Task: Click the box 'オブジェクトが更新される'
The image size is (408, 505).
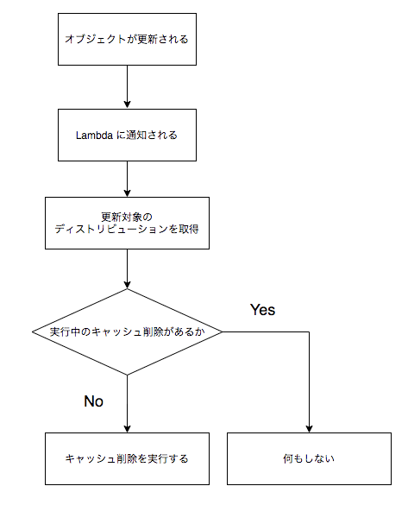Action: tap(127, 39)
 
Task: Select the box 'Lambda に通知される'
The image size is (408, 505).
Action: tap(127, 135)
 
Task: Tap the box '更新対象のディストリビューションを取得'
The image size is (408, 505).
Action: tap(127, 223)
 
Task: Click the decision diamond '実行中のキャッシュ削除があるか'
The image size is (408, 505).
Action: tap(127, 331)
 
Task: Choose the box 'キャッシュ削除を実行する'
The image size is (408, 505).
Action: tap(127, 458)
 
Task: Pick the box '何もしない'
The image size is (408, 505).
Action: tap(309, 458)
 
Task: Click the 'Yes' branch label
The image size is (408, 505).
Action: tap(262, 309)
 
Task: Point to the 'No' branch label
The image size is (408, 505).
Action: tap(93, 401)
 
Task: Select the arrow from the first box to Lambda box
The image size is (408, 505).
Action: tap(127, 86)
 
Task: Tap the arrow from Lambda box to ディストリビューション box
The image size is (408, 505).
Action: tap(127, 179)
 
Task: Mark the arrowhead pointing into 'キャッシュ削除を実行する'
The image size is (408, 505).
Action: tap(127, 427)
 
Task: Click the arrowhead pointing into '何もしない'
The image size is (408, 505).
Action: tap(309, 427)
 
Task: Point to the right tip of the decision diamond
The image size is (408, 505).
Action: tap(222, 331)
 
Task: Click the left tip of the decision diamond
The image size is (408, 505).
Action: tap(32, 331)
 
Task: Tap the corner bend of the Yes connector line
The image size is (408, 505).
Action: tap(309, 331)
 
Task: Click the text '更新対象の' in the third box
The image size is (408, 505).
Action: tap(127, 216)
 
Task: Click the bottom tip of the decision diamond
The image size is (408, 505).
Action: tap(127, 376)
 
